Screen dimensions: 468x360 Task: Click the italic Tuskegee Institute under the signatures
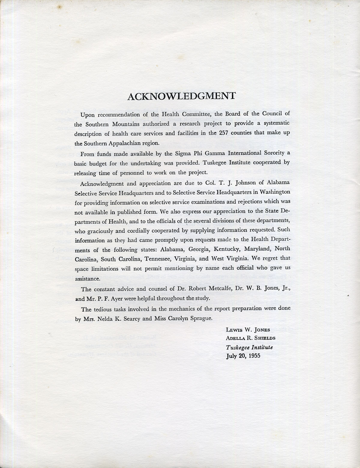250,347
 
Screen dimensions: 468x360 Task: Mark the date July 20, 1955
243,356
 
